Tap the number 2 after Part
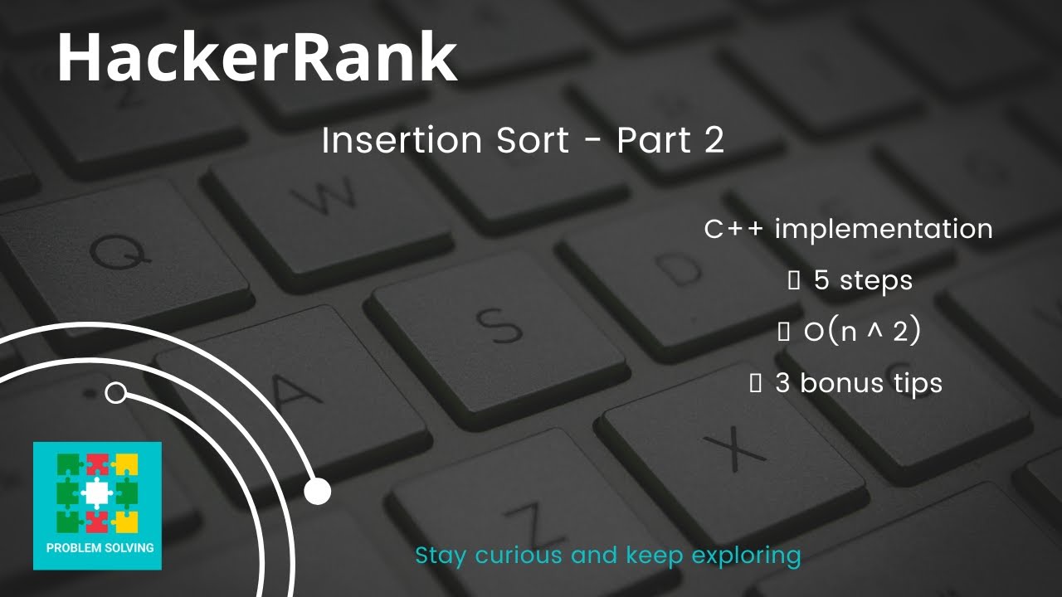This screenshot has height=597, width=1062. (x=714, y=141)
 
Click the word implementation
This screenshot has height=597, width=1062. (x=884, y=229)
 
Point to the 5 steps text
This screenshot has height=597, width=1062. (x=862, y=280)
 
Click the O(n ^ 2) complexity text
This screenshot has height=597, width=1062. (x=862, y=332)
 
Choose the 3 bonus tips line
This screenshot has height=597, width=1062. (x=858, y=383)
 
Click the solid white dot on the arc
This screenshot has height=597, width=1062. (x=317, y=492)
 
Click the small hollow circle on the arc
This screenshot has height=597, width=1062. (x=116, y=393)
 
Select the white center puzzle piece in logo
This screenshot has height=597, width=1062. (x=96, y=493)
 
